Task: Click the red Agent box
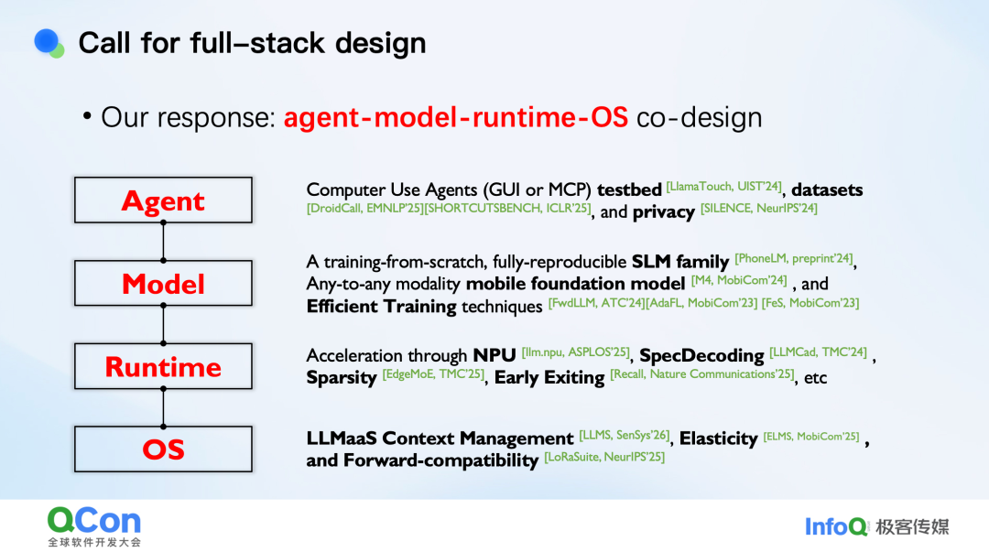point(163,200)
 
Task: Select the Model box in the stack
point(163,284)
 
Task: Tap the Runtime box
point(163,367)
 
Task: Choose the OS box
point(163,449)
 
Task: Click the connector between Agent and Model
point(163,242)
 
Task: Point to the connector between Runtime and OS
point(163,408)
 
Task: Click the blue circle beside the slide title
point(47,41)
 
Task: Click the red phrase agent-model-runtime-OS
point(456,117)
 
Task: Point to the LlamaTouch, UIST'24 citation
point(724,187)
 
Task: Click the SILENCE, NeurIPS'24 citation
point(759,209)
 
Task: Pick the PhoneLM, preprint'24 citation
point(795,259)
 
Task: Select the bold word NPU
point(494,355)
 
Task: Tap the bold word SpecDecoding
point(701,355)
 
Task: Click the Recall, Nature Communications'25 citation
point(704,374)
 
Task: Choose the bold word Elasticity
point(719,438)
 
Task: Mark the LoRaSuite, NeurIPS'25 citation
point(604,457)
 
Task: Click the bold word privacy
point(664,212)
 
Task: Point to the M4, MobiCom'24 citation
point(739,280)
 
